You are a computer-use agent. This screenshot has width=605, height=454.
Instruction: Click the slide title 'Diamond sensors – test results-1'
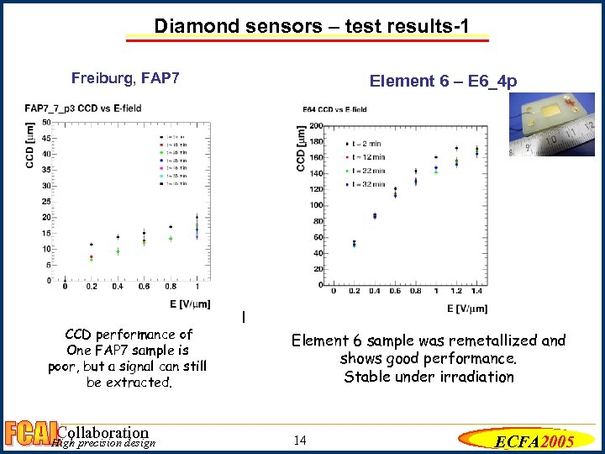tap(323, 26)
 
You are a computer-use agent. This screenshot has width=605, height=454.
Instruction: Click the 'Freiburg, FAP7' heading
tap(125, 79)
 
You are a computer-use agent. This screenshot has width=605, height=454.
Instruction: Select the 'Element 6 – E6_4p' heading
tap(443, 82)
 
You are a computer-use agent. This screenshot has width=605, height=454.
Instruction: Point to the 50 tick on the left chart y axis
tap(58, 122)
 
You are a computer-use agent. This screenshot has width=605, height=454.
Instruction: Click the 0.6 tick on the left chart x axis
tap(144, 288)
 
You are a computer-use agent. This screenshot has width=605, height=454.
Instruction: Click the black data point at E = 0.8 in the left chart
tap(171, 227)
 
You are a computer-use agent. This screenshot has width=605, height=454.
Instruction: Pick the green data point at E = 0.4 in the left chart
tap(118, 251)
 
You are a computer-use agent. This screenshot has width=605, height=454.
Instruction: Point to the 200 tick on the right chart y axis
tap(317, 126)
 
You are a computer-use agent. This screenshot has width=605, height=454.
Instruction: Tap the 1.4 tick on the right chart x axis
tap(476, 292)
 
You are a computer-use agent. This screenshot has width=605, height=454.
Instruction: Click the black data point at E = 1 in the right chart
tap(436, 157)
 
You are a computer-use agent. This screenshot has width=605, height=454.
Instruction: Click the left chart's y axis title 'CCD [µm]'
tap(31, 149)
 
